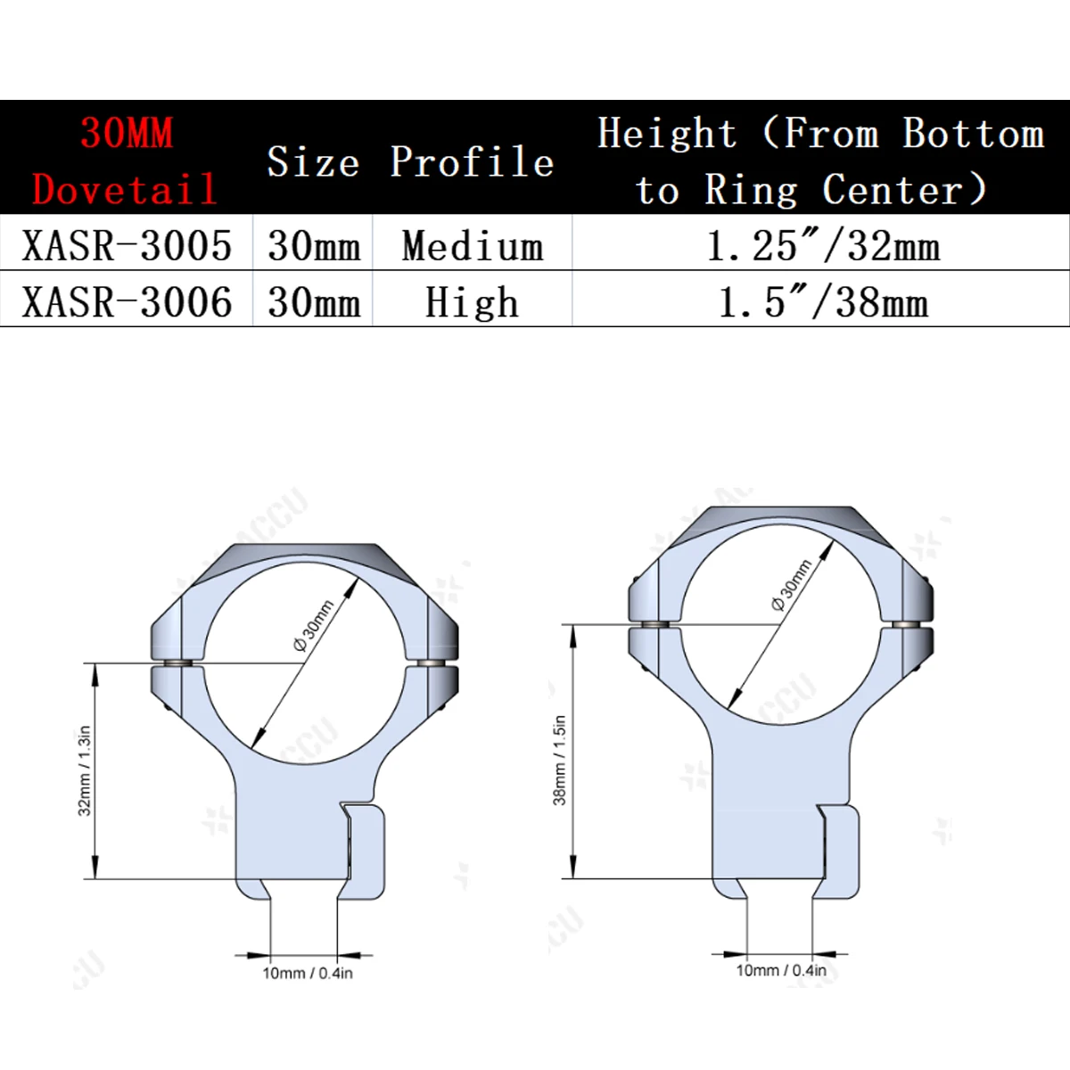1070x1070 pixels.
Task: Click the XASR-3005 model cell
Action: (x=127, y=245)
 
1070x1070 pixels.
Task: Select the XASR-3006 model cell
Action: (x=127, y=301)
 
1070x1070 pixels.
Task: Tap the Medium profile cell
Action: (x=472, y=245)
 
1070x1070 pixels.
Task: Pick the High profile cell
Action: (x=472, y=301)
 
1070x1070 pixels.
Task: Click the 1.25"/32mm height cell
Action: (x=822, y=245)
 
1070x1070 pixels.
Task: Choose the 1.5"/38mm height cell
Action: (x=822, y=301)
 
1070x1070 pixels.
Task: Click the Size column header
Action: (x=313, y=161)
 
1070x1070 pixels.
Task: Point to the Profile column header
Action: (x=472, y=161)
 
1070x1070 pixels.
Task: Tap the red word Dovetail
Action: (x=124, y=189)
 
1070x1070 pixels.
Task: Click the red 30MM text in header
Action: (x=127, y=134)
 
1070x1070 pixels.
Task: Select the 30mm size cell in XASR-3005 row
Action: (x=314, y=245)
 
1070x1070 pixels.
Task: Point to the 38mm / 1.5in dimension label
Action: (x=559, y=760)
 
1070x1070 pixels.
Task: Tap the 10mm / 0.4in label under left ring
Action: (x=307, y=973)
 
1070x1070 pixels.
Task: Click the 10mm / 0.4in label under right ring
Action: (x=781, y=970)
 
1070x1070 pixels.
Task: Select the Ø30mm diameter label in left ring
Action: (x=314, y=626)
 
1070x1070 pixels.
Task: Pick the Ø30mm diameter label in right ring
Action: (x=792, y=585)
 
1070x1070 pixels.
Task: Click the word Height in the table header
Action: (x=667, y=134)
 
